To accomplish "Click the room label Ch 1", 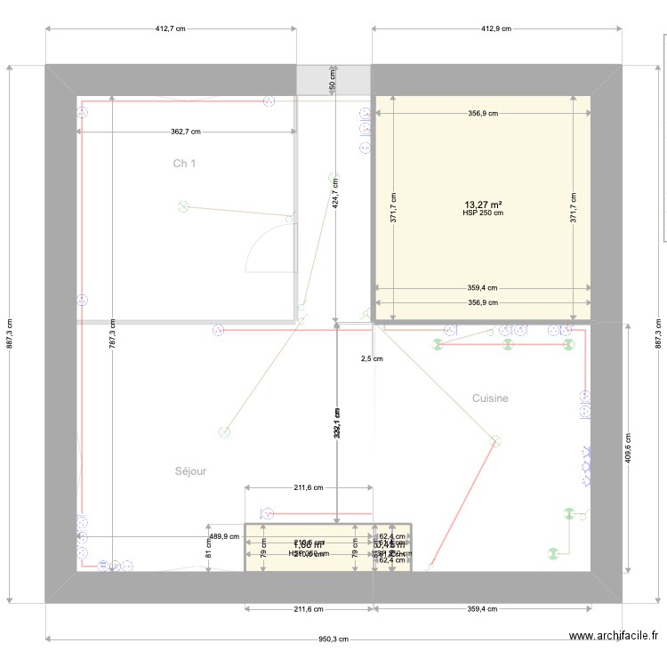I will click(x=184, y=164).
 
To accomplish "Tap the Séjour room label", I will click(x=190, y=471).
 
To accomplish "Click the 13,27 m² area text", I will click(x=482, y=204).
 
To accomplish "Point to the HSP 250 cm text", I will click(x=482, y=213).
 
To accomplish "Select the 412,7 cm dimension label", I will click(x=170, y=28).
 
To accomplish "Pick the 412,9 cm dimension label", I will click(x=496, y=28).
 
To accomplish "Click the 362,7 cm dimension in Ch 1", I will click(x=186, y=132).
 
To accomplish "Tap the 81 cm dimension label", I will click(x=208, y=553).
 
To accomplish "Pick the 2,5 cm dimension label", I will click(x=372, y=359).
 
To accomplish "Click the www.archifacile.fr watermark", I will click(x=614, y=636).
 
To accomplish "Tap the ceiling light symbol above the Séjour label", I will click(x=224, y=432).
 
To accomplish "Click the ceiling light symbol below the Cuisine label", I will click(x=495, y=439).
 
